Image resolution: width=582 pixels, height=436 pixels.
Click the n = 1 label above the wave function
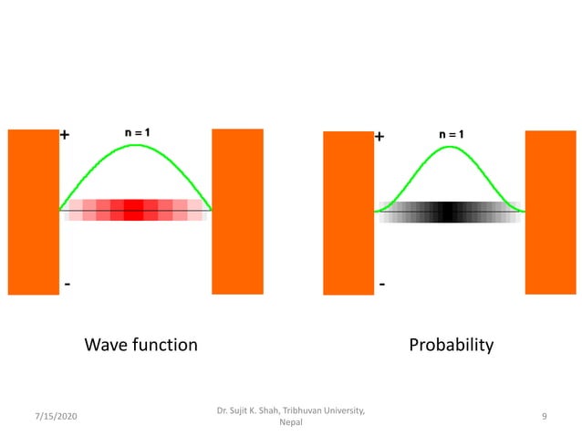tap(138, 132)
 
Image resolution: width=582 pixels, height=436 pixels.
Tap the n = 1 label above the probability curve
tap(451, 134)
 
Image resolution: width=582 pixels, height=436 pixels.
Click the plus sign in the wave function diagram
tap(66, 135)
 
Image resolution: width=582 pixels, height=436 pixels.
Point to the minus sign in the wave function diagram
tap(67, 284)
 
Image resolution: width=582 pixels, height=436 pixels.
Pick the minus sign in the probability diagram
tap(381, 285)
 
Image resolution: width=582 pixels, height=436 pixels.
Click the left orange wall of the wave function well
tap(34, 212)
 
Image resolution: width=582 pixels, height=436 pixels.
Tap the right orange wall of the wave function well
tap(237, 212)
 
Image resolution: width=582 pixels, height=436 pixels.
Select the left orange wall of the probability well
tap(348, 213)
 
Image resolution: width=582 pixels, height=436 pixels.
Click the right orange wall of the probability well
tap(550, 213)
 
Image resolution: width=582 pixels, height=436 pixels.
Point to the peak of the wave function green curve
tap(136, 145)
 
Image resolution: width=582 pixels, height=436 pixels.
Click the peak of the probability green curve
tap(450, 147)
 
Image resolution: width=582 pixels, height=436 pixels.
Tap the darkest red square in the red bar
tap(134, 211)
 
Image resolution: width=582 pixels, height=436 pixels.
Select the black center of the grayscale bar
tap(448, 212)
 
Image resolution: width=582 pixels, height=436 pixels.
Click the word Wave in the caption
tap(105, 345)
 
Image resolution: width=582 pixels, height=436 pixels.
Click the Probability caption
tap(451, 345)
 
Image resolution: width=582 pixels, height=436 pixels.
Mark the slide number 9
tap(544, 417)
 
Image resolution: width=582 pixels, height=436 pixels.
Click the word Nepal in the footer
tap(291, 422)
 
